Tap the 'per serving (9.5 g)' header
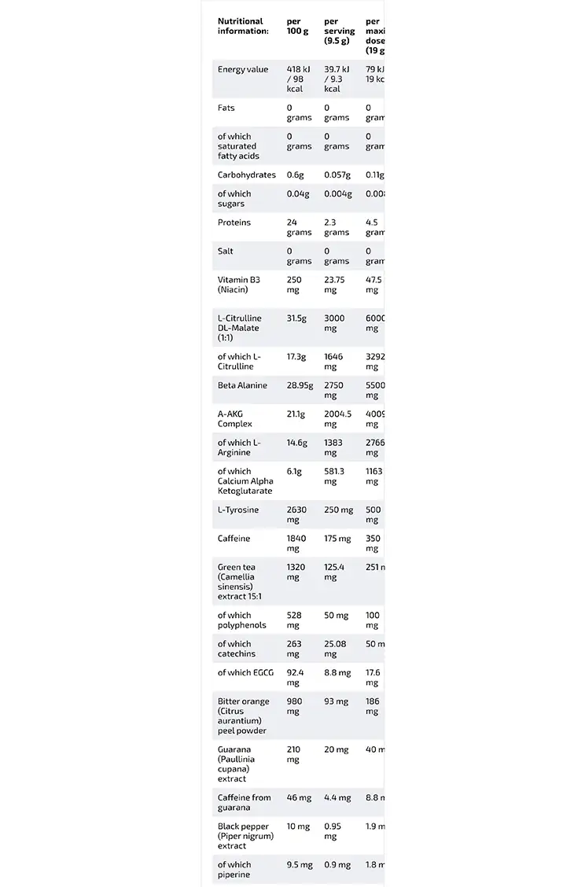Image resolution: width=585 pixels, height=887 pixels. point(339,31)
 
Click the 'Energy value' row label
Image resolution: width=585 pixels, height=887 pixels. point(243,69)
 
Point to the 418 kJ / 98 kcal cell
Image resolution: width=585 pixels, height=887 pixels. point(300,79)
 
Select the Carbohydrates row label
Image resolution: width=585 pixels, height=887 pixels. point(247,175)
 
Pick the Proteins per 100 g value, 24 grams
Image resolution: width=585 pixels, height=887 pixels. point(299,227)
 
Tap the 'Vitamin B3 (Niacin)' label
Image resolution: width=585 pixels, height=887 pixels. point(237,284)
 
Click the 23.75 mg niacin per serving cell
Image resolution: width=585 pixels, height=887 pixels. point(337,284)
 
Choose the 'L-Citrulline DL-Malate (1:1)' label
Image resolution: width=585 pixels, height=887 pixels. point(239,328)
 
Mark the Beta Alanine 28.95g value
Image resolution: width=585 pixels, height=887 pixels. point(300,385)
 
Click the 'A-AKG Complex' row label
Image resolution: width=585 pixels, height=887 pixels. point(235,418)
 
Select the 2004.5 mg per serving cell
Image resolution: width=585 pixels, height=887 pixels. point(337,418)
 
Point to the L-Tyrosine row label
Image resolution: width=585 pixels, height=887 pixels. point(238,510)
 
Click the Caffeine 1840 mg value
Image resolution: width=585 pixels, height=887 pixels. point(297,543)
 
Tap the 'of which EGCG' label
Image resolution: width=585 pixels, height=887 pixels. point(245,672)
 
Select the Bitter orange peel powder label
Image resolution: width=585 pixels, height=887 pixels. point(243,716)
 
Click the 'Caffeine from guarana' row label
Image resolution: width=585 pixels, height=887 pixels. point(244,802)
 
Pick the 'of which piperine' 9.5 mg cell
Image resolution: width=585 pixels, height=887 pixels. point(300,865)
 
